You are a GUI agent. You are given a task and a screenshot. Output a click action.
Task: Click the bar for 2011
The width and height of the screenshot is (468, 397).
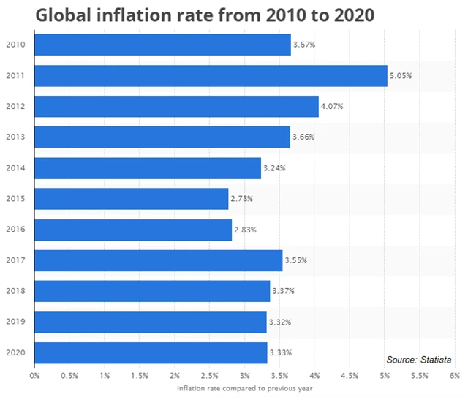tap(211, 75)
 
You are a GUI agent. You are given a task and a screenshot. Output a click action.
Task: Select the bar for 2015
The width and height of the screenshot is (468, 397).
tap(132, 199)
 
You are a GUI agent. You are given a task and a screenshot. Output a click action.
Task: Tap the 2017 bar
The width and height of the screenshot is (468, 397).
tap(158, 260)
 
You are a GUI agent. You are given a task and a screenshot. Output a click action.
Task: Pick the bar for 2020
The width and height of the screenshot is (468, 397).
tap(151, 352)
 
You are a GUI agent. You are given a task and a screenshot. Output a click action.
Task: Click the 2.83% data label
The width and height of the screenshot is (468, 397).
tap(245, 230)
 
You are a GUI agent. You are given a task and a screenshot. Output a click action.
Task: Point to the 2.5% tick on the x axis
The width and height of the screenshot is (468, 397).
tap(210, 376)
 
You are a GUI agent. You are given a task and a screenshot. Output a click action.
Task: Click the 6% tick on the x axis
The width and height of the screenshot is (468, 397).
tap(454, 376)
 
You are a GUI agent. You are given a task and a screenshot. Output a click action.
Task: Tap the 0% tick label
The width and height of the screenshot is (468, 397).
tap(34, 376)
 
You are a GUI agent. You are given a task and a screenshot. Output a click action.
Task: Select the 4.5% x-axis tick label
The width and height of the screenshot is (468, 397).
tap(350, 376)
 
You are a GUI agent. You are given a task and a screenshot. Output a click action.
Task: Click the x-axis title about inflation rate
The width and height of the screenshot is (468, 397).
tap(244, 388)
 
